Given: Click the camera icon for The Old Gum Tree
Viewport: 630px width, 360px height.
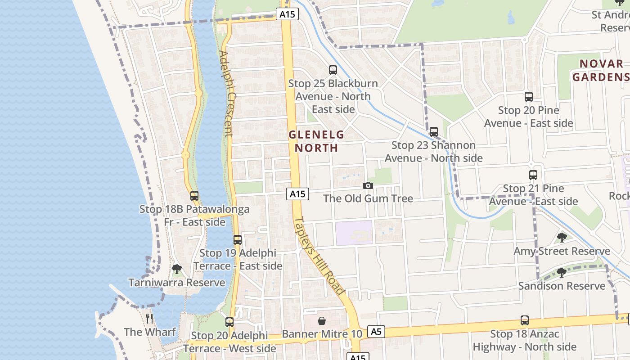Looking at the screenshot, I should [368, 185].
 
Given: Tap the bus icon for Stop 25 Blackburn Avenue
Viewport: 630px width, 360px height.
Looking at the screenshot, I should [333, 70].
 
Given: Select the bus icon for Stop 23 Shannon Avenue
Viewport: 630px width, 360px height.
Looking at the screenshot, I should [434, 132].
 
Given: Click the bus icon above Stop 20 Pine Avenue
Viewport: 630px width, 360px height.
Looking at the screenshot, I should [529, 97].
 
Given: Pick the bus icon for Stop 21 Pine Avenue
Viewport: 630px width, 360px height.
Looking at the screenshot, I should [533, 175].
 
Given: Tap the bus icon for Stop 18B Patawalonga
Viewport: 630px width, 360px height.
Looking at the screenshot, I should [194, 196].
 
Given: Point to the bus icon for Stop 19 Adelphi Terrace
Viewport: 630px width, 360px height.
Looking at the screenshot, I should [238, 240].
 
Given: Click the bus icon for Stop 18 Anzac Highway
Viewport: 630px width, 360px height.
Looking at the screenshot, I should [525, 320].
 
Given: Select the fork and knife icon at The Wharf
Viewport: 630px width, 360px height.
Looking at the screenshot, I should [149, 319].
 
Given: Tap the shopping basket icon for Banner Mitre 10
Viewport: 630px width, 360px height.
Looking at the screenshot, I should [322, 321].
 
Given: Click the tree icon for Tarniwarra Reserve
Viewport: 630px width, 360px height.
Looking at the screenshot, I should [177, 270].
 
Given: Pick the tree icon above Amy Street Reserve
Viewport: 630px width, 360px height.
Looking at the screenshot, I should [562, 238].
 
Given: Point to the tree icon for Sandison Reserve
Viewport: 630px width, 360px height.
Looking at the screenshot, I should [562, 273].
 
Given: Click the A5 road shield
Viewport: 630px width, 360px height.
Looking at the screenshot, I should [376, 332].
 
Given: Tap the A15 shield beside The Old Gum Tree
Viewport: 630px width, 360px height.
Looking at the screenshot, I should [297, 194].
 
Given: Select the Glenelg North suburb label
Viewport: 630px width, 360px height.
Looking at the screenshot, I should [316, 141].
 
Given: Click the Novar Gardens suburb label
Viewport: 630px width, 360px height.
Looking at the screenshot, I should [601, 71].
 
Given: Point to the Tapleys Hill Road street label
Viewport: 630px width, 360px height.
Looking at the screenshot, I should [319, 256].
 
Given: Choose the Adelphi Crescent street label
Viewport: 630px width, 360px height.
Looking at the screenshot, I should [226, 94].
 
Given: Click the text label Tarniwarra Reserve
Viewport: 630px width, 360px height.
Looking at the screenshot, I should [177, 283].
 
